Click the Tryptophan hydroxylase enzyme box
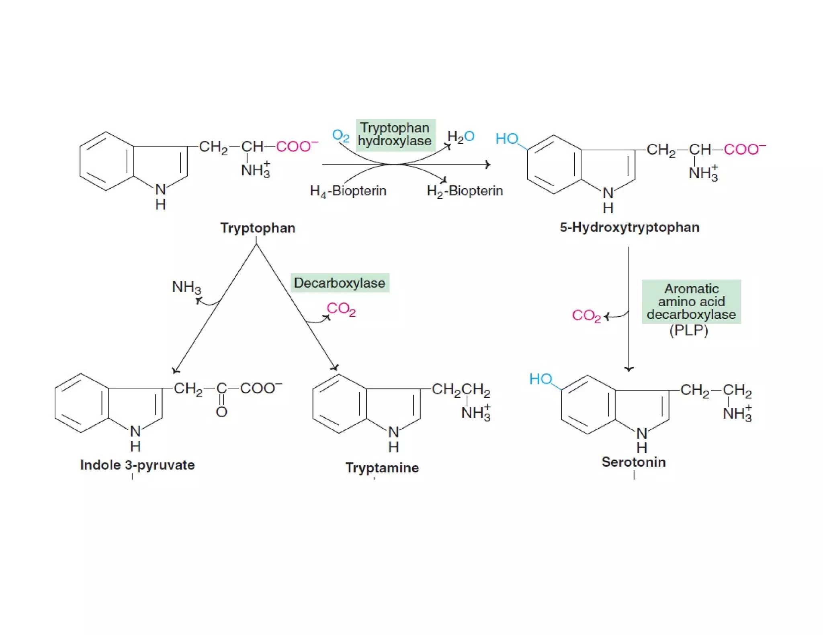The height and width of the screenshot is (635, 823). (x=395, y=135)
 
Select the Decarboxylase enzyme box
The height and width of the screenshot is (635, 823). (x=340, y=283)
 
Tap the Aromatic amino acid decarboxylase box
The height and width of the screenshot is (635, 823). (x=691, y=301)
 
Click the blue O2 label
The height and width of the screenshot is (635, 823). (x=340, y=136)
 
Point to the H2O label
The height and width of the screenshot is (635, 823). (x=461, y=136)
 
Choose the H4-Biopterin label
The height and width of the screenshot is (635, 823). (x=348, y=191)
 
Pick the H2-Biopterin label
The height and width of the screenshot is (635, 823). (x=465, y=191)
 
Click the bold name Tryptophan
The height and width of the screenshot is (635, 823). (x=258, y=228)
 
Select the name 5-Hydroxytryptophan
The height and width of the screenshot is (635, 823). (x=630, y=227)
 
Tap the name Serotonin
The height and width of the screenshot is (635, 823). (x=634, y=462)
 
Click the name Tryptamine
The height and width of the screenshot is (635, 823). (x=382, y=468)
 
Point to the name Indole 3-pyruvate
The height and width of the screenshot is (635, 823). (x=137, y=465)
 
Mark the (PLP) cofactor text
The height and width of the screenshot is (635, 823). (x=688, y=331)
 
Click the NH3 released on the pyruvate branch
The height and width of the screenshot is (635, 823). (x=186, y=287)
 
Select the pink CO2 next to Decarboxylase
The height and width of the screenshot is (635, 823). (x=341, y=309)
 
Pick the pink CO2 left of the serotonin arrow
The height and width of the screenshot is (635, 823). (x=586, y=316)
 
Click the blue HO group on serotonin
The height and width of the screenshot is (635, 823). (x=540, y=379)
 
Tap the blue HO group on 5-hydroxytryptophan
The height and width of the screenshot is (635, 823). (x=507, y=139)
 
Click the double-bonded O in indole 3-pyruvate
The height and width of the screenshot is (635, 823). (x=221, y=412)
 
